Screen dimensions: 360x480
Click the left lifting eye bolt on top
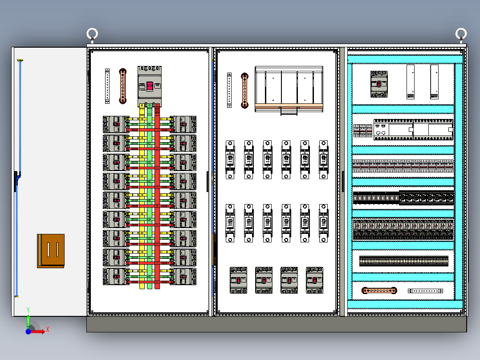point(92,34)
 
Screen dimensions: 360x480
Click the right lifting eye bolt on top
point(461,34)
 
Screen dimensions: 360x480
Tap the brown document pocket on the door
point(51,250)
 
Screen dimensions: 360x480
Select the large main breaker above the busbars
point(150,86)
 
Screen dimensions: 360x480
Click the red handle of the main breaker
point(150,86)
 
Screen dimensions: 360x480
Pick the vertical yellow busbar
point(142,196)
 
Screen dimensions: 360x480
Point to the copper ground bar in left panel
point(123,86)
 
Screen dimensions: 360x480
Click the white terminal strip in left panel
point(107,86)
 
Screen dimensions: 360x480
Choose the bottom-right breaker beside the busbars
point(183,276)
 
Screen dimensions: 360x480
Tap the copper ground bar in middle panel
point(244,90)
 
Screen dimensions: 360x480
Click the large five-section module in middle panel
point(289,89)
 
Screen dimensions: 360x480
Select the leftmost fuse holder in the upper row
point(230,160)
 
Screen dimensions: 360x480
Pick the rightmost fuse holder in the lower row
point(324,223)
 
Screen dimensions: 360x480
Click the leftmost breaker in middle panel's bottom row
point(239,280)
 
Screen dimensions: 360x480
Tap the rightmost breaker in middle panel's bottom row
point(314,280)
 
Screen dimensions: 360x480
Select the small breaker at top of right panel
point(379,84)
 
